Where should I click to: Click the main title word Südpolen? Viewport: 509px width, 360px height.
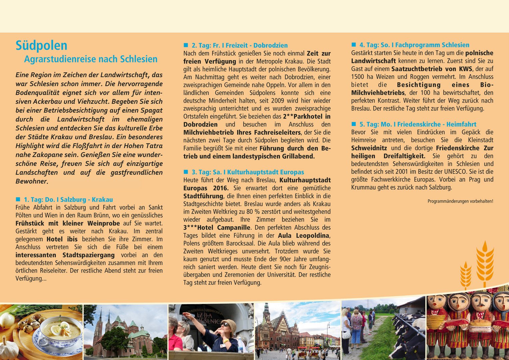41,46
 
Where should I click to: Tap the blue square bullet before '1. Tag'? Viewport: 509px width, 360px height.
18,199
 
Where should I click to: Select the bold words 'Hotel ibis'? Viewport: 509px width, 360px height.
62,239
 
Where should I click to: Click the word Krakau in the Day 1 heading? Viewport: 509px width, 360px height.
102,200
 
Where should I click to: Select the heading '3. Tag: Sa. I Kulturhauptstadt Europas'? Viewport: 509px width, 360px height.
248,172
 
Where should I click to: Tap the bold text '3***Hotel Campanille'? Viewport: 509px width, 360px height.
217,228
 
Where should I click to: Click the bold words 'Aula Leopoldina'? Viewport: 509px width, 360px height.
304,236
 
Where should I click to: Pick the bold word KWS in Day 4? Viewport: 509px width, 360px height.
465,69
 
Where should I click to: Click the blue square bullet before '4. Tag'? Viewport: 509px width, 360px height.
354,45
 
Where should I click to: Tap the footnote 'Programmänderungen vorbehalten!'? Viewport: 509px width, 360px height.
460,201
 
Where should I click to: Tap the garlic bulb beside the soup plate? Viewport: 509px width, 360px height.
8,348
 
